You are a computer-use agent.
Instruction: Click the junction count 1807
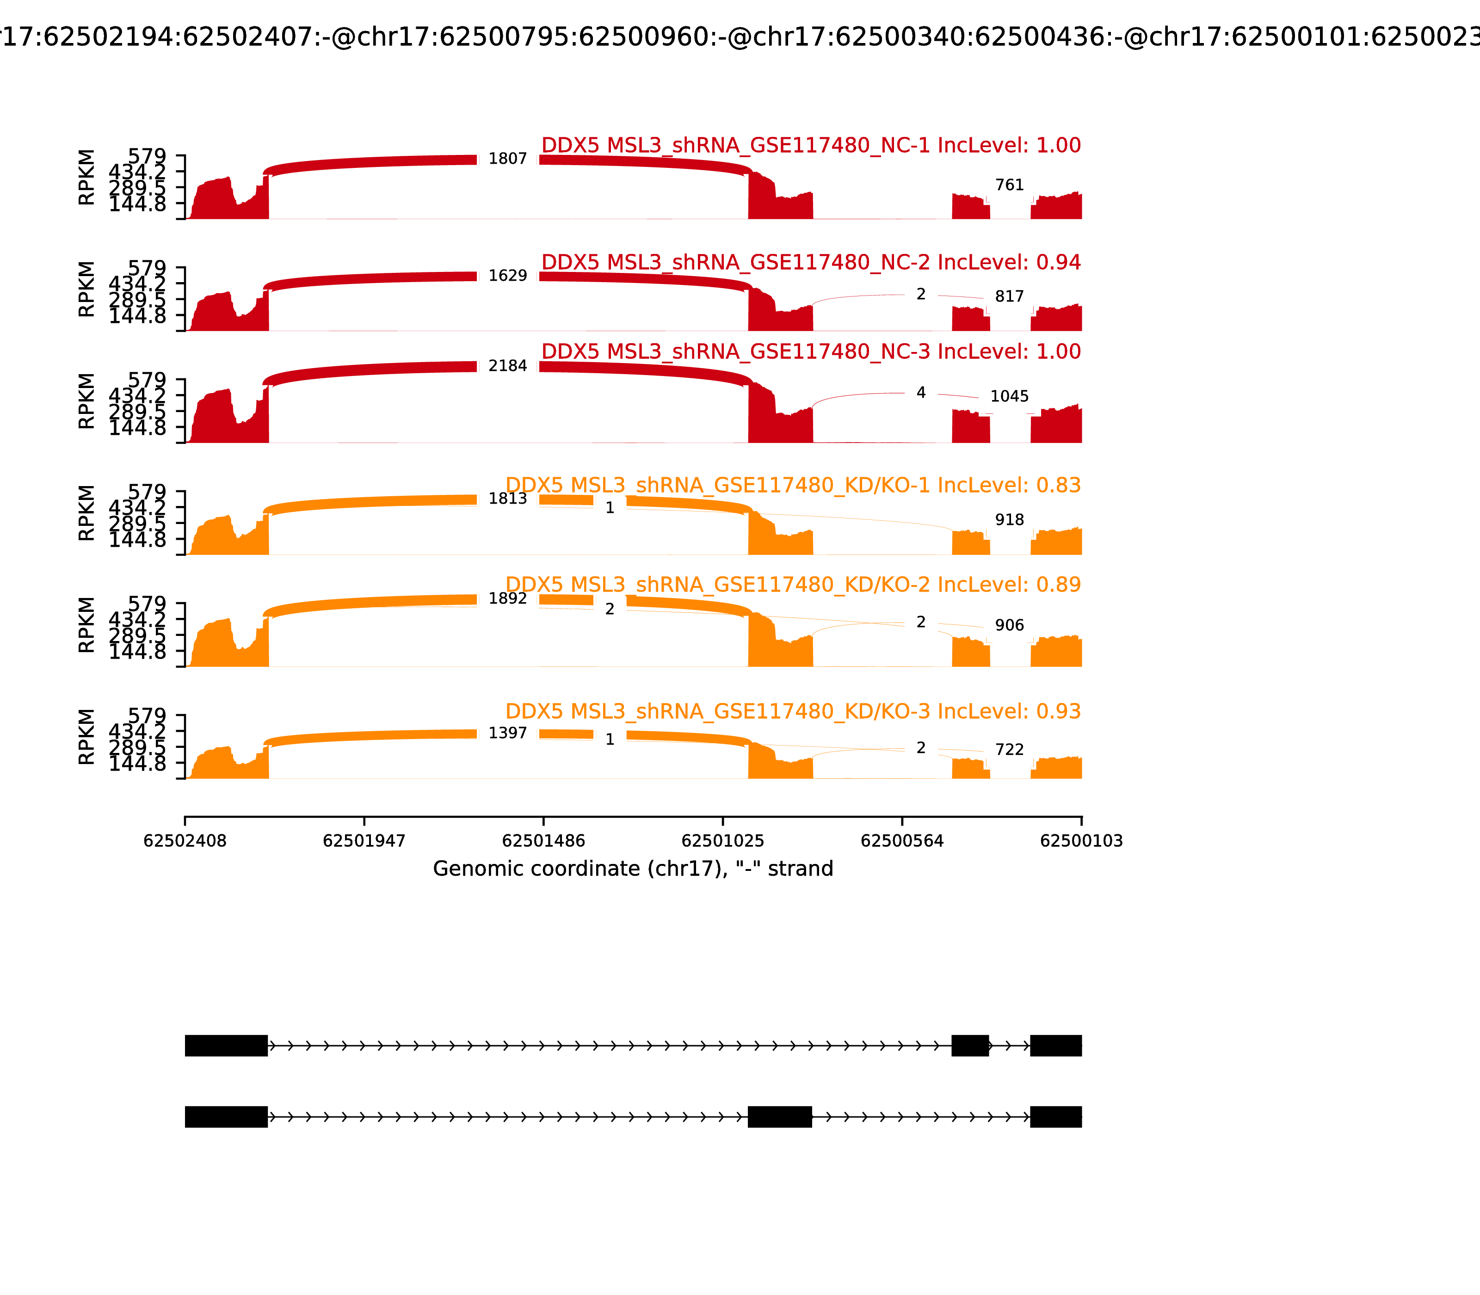point(507,159)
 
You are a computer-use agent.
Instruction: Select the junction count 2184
point(507,366)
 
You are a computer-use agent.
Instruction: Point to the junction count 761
point(1009,185)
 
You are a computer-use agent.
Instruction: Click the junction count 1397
point(507,733)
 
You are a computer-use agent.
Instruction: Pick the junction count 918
point(1009,519)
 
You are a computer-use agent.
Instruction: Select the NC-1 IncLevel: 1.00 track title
point(810,145)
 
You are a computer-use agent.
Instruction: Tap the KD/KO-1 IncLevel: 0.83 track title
point(793,485)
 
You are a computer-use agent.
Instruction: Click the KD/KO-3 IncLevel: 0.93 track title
point(793,711)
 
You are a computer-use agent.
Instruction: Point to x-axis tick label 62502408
point(185,841)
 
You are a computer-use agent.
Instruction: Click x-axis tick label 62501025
point(722,841)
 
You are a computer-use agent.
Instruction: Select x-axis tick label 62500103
point(1081,841)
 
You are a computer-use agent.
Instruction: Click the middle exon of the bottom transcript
point(780,1116)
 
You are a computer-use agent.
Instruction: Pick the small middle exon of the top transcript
point(970,1045)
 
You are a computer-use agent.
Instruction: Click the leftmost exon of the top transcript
point(226,1045)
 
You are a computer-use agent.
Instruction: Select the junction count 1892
point(507,598)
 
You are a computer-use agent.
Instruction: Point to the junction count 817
point(1009,296)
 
